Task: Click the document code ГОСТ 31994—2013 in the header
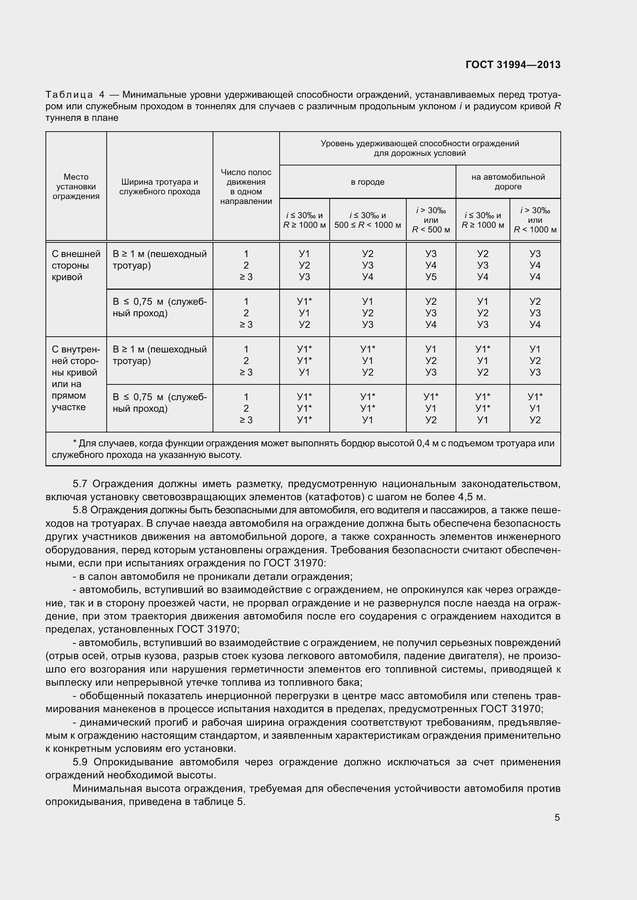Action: click(513, 65)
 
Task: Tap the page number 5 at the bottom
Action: click(557, 818)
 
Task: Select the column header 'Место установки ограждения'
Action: click(76, 187)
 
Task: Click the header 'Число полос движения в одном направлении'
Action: click(246, 187)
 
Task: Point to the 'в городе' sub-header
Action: click(367, 182)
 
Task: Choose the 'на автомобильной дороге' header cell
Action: click(508, 182)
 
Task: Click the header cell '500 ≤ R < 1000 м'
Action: click(367, 225)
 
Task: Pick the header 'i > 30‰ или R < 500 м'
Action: click(431, 220)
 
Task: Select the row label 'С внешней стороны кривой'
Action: click(76, 265)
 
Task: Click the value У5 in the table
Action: click(431, 277)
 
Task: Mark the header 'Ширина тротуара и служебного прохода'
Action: click(160, 187)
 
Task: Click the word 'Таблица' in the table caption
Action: click(69, 95)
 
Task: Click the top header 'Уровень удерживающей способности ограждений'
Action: click(420, 144)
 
